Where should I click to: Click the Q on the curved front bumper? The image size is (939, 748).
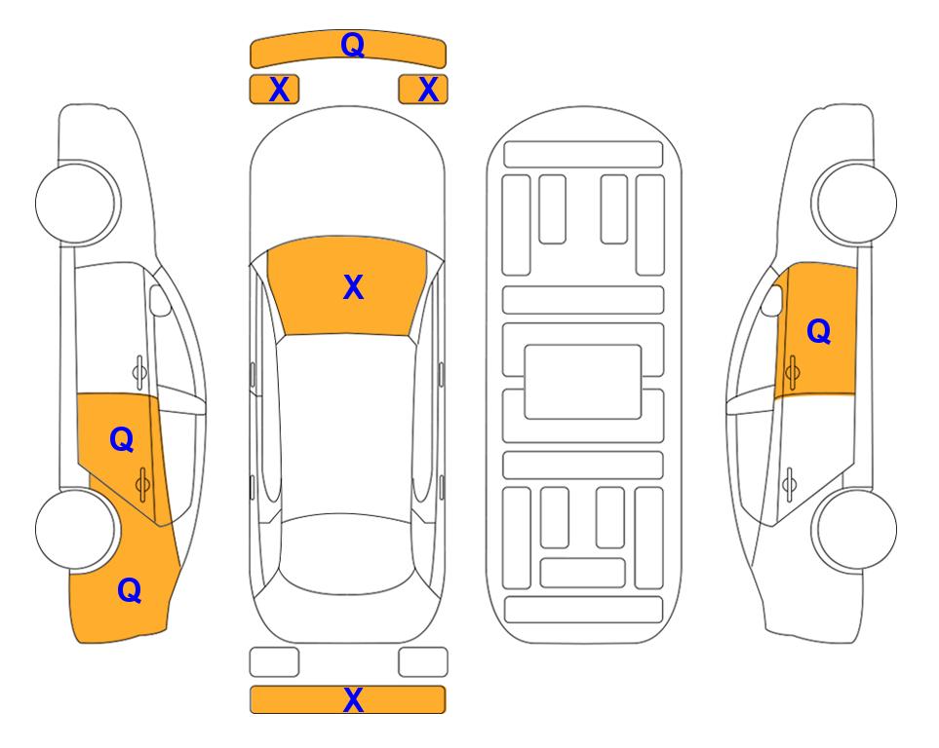tap(352, 45)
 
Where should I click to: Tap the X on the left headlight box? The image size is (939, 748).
tap(279, 90)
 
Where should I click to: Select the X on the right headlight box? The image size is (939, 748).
tap(428, 90)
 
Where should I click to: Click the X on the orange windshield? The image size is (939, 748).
tap(353, 287)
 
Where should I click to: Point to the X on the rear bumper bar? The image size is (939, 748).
tap(353, 699)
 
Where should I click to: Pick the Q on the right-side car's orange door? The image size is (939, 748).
tap(819, 331)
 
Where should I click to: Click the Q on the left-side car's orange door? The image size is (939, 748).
tap(122, 440)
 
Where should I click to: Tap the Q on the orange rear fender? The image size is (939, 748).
tap(130, 590)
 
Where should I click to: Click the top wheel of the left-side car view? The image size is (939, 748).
tap(76, 204)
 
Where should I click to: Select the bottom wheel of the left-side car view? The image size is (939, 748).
tap(76, 529)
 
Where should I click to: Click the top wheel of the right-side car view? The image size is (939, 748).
tap(856, 204)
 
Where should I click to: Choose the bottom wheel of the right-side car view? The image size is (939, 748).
tap(856, 529)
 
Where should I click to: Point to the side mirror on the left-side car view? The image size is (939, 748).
tap(159, 300)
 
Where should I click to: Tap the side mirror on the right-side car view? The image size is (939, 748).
tap(772, 300)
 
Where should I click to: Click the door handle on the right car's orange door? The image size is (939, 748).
tap(792, 372)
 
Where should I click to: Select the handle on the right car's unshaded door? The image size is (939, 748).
tap(789, 485)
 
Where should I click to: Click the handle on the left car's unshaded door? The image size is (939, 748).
tap(139, 372)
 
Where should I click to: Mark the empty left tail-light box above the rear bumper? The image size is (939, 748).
tap(274, 662)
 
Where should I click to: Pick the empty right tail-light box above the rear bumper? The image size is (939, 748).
tap(423, 662)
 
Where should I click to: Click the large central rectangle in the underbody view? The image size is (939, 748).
tap(583, 382)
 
